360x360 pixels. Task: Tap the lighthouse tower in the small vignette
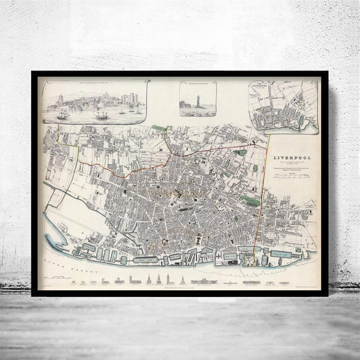(x=197, y=100)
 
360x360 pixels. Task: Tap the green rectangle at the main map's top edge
(x=159, y=128)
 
